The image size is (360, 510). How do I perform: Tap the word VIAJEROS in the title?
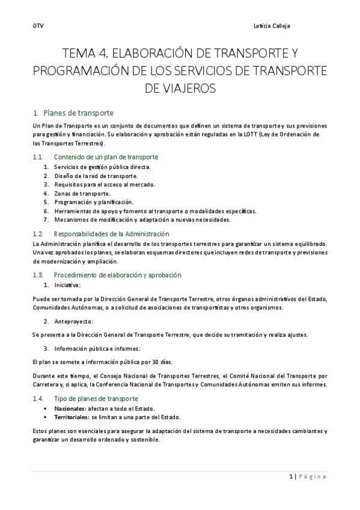click(x=180, y=89)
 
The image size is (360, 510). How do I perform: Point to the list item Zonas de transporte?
click(x=82, y=194)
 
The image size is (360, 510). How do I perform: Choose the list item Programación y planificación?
click(x=93, y=203)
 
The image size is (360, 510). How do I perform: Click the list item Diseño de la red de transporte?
click(x=96, y=176)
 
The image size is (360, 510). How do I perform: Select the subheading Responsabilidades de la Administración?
click(x=111, y=233)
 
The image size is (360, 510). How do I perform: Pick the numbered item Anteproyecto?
click(x=73, y=322)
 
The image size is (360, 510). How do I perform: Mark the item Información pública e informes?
click(x=97, y=349)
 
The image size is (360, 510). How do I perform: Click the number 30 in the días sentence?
click(x=155, y=363)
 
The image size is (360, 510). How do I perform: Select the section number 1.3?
click(x=37, y=275)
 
